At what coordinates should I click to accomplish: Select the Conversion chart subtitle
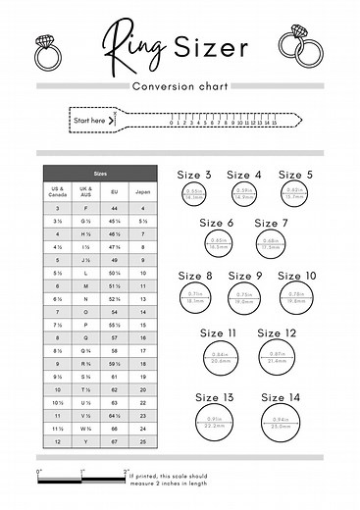(x=180, y=86)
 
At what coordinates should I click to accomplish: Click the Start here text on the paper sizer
(x=89, y=121)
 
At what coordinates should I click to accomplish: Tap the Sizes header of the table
(x=100, y=173)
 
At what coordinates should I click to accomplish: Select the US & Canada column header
(x=57, y=190)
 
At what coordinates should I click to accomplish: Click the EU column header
(x=114, y=190)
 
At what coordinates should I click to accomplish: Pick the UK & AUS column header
(x=85, y=190)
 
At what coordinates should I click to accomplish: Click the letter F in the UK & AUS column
(x=85, y=209)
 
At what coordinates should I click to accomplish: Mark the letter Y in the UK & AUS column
(x=85, y=441)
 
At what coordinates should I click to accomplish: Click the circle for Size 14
(x=281, y=425)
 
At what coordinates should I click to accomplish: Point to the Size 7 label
(x=272, y=224)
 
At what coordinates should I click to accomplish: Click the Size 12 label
(x=277, y=333)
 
